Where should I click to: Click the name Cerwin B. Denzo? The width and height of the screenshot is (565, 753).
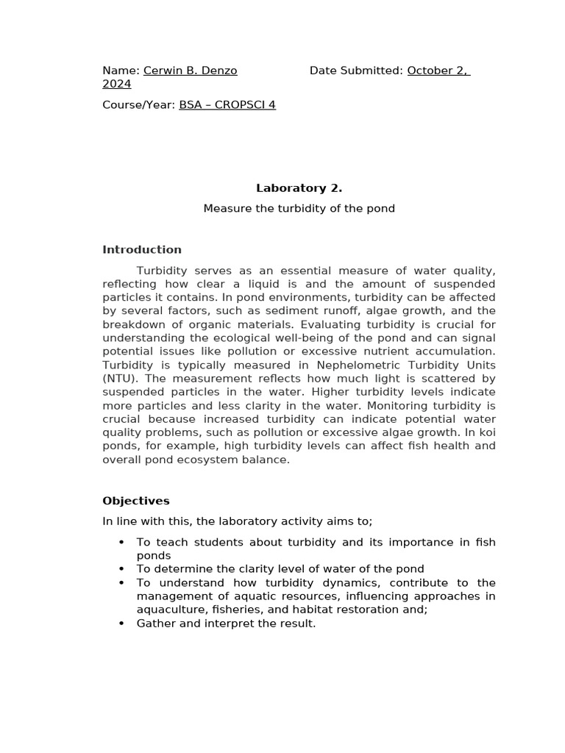point(190,71)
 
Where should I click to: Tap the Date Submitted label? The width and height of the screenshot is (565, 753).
point(356,71)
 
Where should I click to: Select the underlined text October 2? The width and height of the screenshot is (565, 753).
point(438,71)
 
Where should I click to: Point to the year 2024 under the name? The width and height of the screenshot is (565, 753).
point(116,85)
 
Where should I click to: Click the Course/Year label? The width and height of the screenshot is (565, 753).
point(139,105)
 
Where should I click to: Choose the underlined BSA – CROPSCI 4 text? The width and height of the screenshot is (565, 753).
point(227,105)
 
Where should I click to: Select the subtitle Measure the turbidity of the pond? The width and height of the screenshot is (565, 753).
point(299,209)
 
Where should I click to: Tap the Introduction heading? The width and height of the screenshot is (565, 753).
point(141,250)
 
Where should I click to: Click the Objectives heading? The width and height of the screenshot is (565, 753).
point(135,501)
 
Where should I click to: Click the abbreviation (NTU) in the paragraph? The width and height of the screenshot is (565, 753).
point(118,379)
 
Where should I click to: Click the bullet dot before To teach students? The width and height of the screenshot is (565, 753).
point(121,543)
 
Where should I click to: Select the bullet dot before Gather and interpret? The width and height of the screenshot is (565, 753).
point(121,624)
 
